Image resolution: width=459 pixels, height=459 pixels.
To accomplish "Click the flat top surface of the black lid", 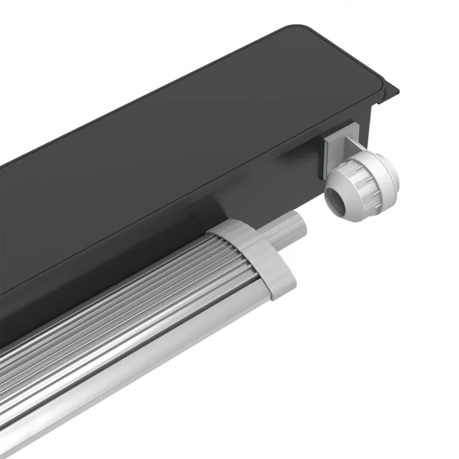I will pos(201,103).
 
